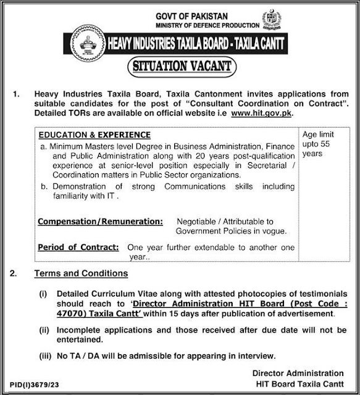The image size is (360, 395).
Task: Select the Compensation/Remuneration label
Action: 100,220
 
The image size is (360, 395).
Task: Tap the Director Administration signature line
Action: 298,373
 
